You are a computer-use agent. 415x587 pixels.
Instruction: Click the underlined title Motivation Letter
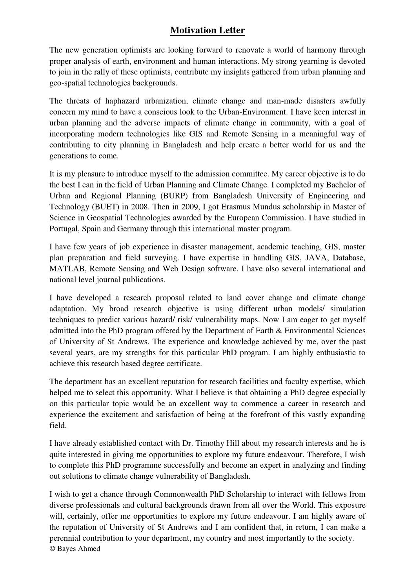click(x=207, y=31)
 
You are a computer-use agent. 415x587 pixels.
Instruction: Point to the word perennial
click(x=65, y=538)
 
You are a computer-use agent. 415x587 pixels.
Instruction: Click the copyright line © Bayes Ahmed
click(x=75, y=549)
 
